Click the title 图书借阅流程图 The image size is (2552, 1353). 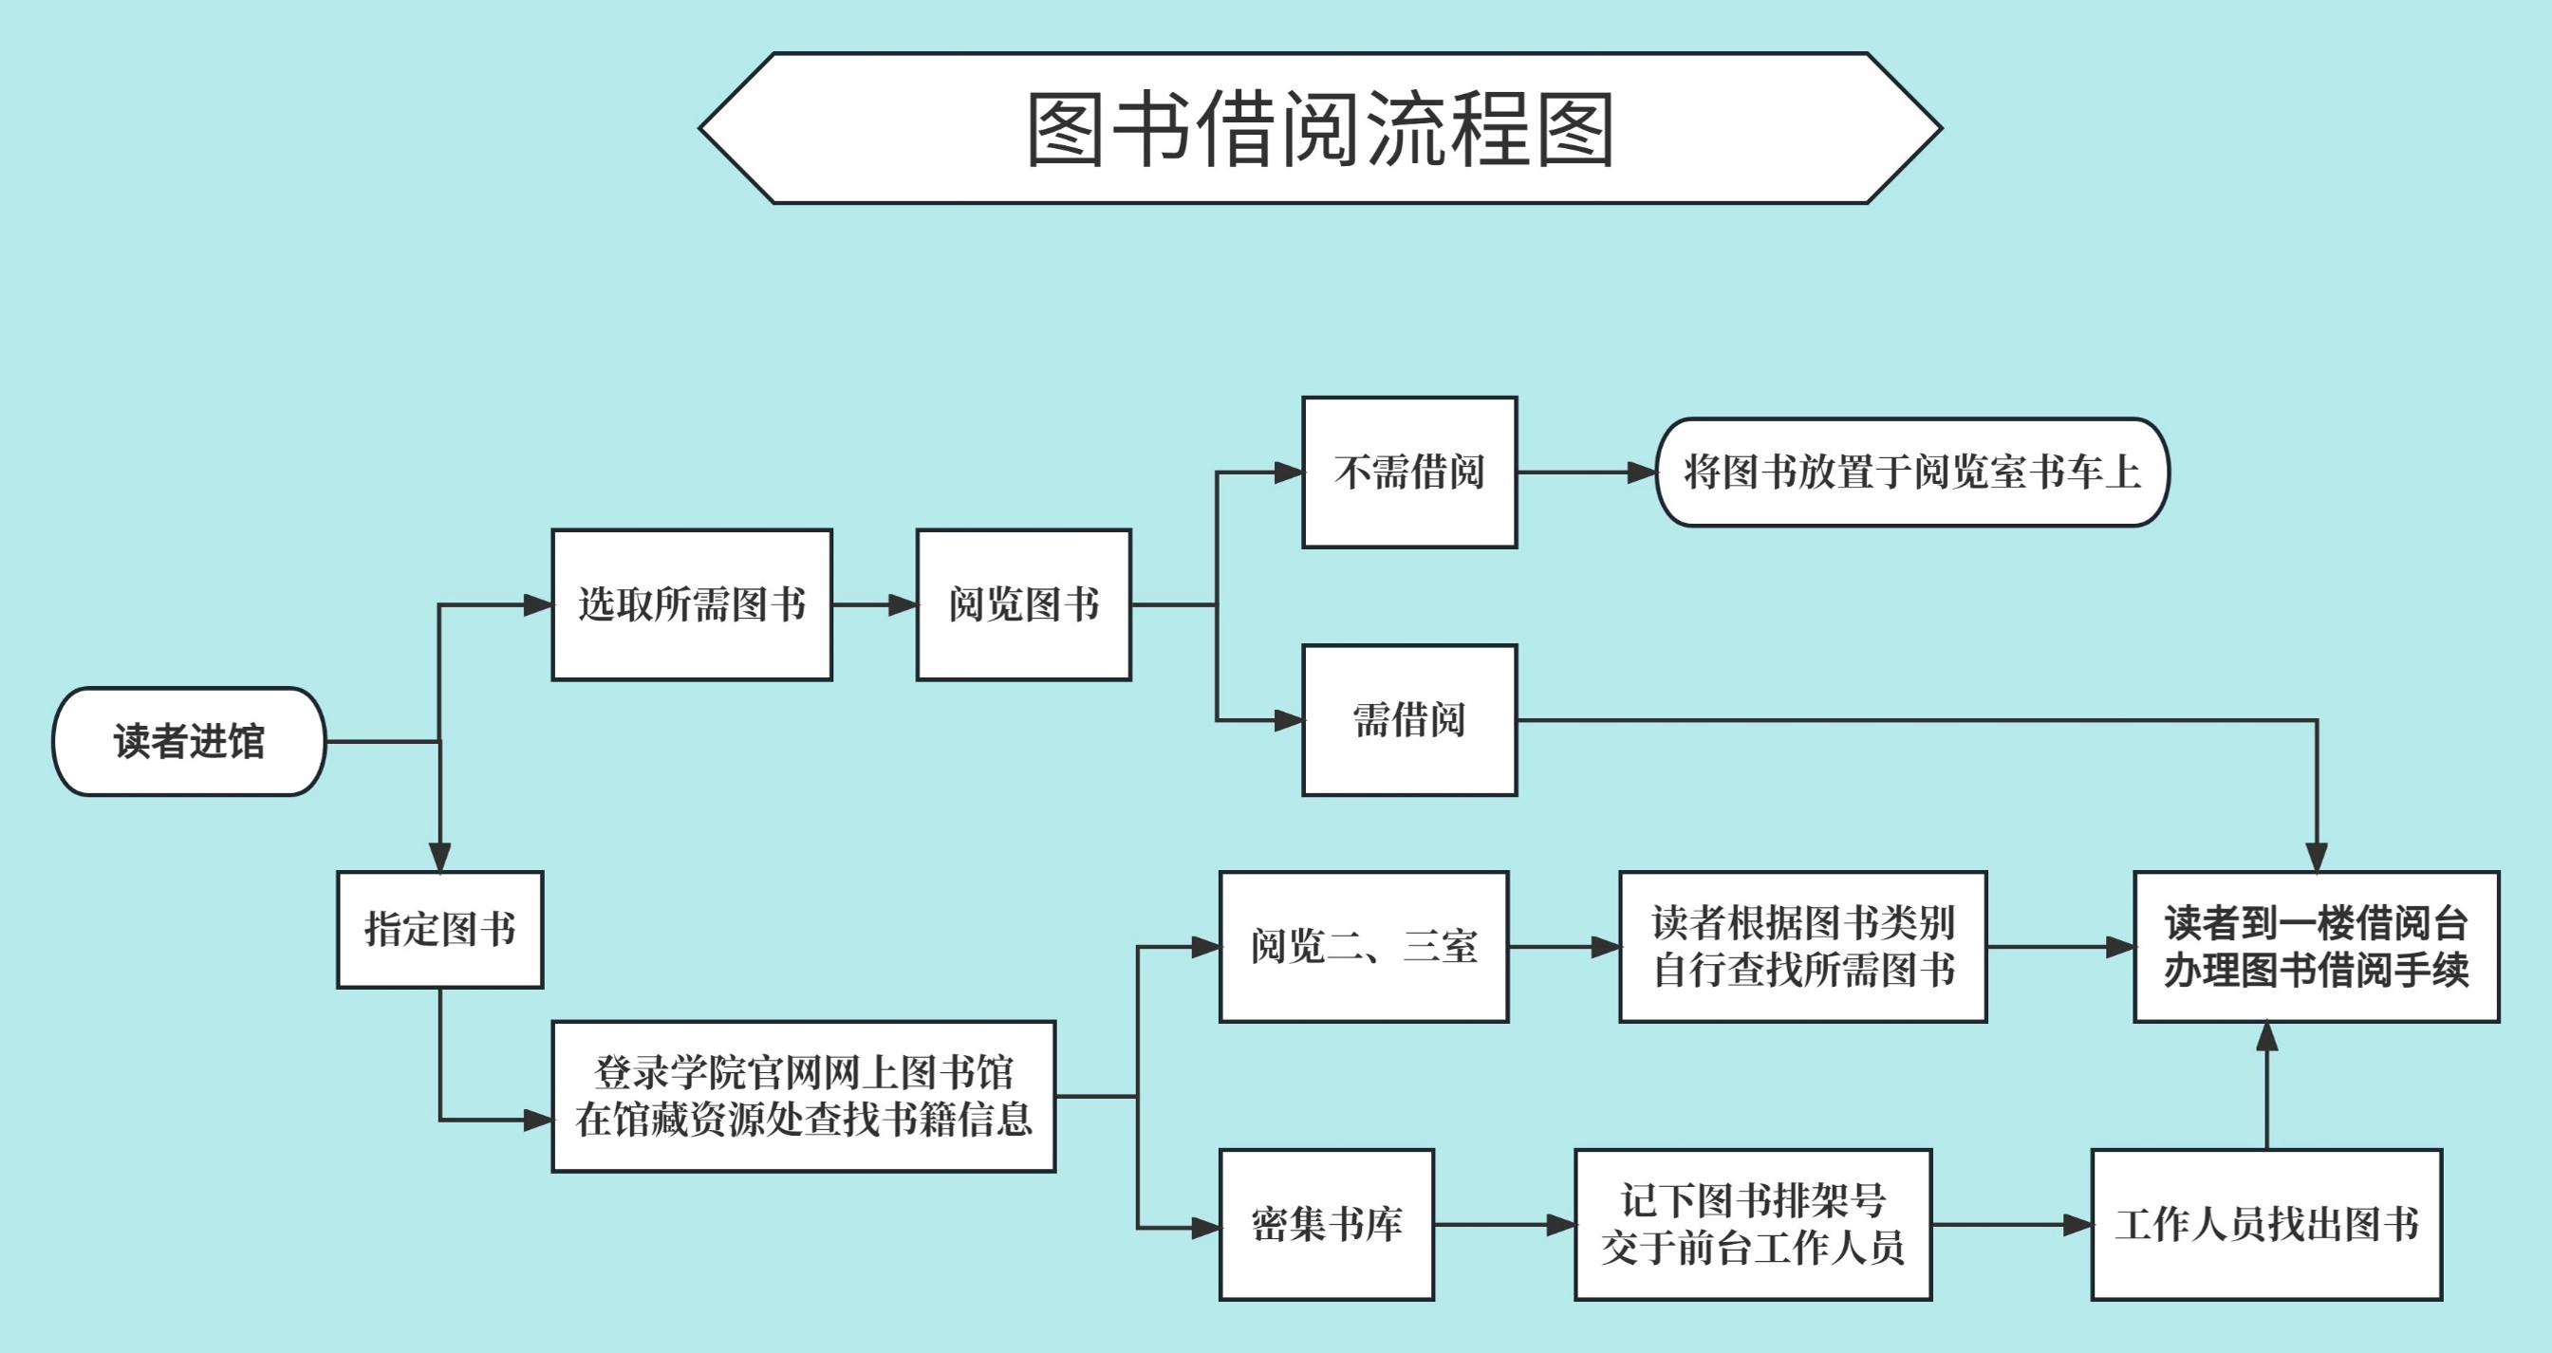[x=1319, y=129]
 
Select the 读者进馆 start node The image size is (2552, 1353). [x=189, y=741]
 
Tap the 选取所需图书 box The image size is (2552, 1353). [x=692, y=604]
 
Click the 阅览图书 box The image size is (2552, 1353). [x=1023, y=604]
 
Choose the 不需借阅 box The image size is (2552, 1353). [x=1408, y=473]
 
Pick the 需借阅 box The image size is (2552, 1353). [x=1408, y=720]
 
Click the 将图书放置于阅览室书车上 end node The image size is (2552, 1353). [x=1912, y=473]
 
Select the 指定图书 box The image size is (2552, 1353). [x=439, y=929]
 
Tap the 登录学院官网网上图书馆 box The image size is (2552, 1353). [x=804, y=1097]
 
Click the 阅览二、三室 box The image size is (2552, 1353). [x=1363, y=947]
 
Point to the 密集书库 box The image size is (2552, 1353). [x=1327, y=1224]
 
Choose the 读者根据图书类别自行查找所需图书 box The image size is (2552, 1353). [x=1803, y=947]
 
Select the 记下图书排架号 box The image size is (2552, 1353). [x=1753, y=1224]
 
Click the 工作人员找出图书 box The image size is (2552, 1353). [x=2266, y=1224]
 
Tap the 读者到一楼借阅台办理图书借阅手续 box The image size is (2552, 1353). [x=2317, y=947]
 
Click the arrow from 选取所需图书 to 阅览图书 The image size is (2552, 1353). [x=875, y=604]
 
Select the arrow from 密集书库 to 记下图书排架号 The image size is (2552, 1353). [x=1504, y=1225]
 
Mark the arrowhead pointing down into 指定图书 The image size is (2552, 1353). [x=439, y=857]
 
